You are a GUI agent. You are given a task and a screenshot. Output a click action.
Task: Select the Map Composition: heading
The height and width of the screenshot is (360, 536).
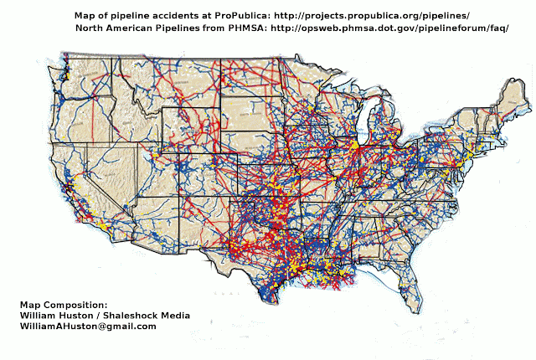(64, 304)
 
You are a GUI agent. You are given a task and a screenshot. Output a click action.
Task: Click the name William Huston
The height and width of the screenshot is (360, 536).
(58, 315)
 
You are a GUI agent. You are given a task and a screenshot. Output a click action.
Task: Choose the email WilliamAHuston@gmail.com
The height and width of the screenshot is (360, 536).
(88, 326)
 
